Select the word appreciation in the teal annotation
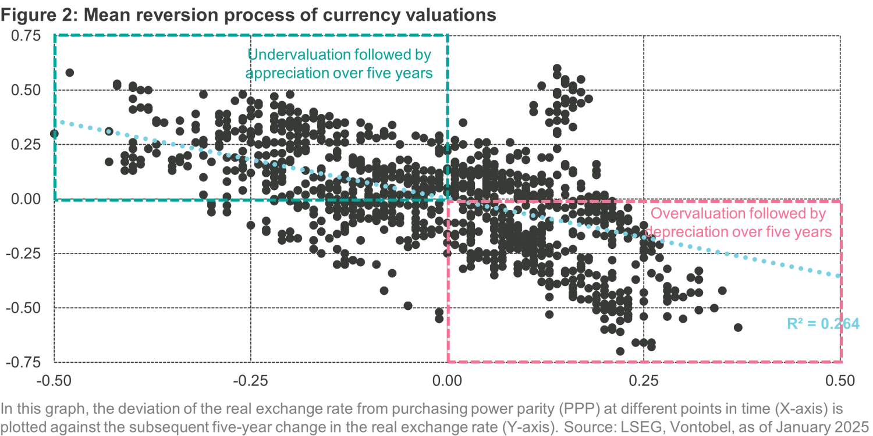point(278,74)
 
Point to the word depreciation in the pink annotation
point(681,231)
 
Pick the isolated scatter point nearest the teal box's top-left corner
point(70,72)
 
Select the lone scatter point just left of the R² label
point(738,328)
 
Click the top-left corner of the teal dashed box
point(54,35)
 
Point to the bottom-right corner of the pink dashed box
point(844,362)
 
